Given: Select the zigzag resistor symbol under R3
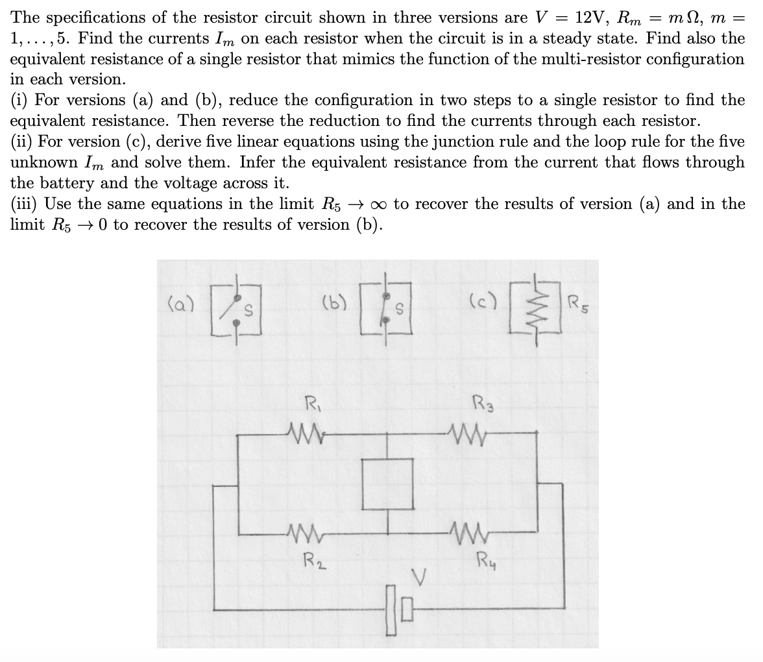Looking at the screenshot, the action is tap(466, 431).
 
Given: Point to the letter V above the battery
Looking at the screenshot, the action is tap(420, 576).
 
